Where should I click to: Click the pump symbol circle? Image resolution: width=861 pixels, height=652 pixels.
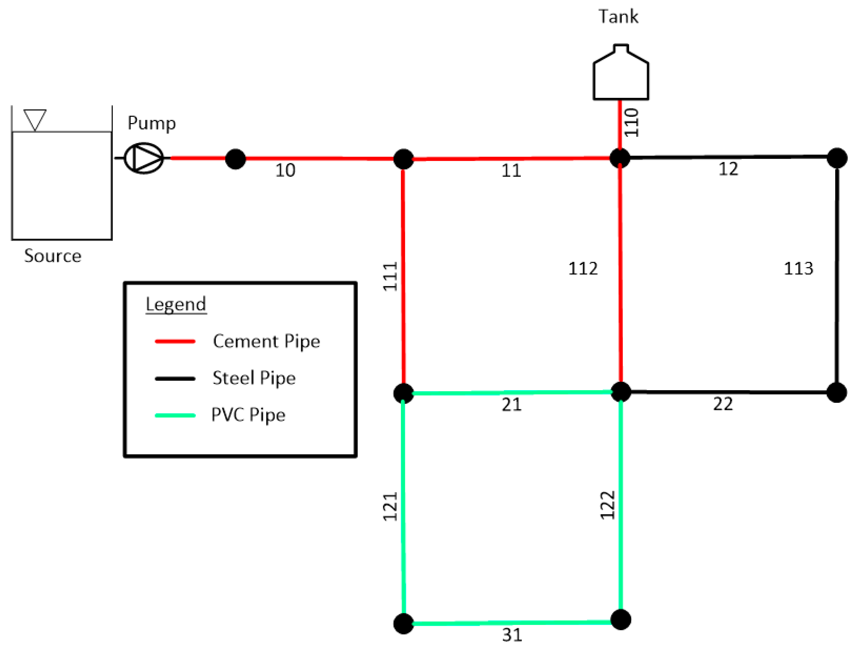(x=144, y=158)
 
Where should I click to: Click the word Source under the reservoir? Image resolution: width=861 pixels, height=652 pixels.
(x=53, y=256)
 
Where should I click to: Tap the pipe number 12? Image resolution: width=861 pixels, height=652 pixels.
(x=728, y=169)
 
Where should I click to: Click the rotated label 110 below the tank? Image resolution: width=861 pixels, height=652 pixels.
(x=631, y=122)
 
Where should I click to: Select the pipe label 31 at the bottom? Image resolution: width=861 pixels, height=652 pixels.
(x=512, y=635)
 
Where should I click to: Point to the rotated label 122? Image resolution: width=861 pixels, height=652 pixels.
(x=607, y=505)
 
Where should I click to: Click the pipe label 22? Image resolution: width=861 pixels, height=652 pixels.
(x=723, y=404)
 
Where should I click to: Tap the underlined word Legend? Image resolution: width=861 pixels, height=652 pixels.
(x=176, y=304)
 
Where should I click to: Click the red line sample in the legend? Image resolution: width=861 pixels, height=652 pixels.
(x=175, y=341)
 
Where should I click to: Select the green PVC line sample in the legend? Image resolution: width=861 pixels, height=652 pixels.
(x=175, y=415)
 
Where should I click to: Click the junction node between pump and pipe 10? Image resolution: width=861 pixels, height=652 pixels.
(x=235, y=159)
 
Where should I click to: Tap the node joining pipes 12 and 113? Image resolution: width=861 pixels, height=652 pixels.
(x=837, y=158)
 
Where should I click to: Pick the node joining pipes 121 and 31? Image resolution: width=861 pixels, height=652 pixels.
(x=404, y=624)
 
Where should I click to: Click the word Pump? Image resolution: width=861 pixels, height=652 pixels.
(x=151, y=123)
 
